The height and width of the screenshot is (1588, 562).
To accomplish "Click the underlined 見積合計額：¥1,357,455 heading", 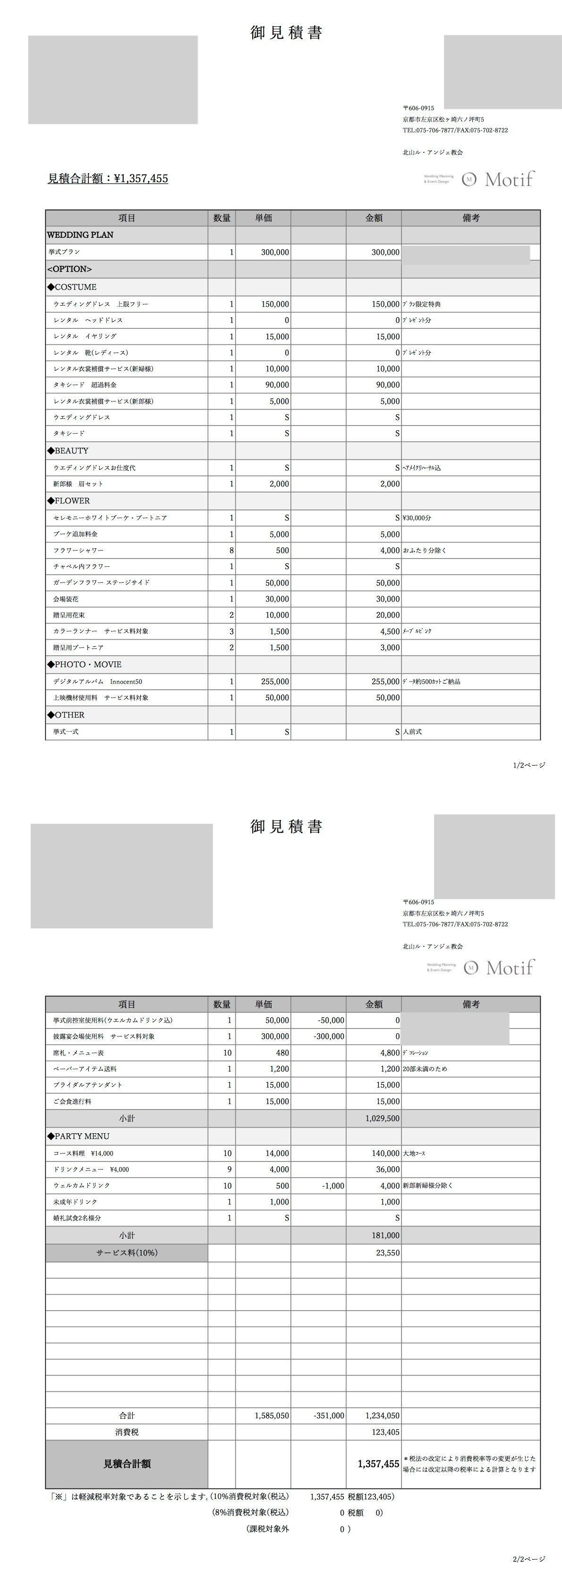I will (108, 179).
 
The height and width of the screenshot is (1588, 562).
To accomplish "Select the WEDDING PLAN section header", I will (80, 235).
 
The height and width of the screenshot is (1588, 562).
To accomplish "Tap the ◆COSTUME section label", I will (72, 287).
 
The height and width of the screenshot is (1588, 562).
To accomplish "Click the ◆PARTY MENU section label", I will (78, 1136).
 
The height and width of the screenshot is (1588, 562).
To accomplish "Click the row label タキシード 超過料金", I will (85, 384).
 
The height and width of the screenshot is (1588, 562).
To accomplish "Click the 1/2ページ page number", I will (528, 765).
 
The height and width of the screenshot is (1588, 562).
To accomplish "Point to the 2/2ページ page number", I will (528, 1559).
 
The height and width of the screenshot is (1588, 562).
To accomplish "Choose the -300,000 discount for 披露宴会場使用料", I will (328, 1036).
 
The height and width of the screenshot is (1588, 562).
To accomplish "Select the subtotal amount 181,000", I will (385, 1236).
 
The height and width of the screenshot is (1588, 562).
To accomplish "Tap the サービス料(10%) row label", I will (127, 1253).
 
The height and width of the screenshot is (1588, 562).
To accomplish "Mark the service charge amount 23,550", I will (387, 1253).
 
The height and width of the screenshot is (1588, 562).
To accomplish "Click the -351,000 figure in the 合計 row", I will (328, 1415).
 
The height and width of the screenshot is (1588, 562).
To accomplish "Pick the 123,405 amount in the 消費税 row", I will (385, 1432).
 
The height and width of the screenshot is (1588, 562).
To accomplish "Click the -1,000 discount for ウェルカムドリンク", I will (332, 1186).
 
